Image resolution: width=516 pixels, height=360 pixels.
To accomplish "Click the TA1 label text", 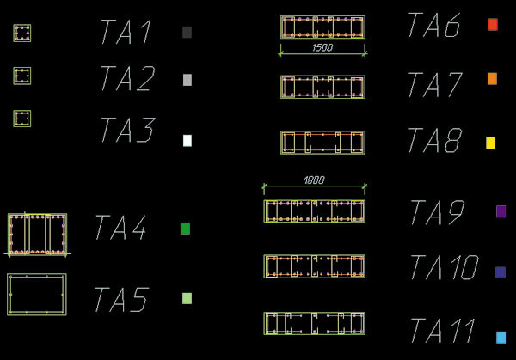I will [126, 33].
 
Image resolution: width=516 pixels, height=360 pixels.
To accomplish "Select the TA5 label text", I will [120, 301].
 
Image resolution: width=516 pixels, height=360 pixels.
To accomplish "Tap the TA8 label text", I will [433, 142].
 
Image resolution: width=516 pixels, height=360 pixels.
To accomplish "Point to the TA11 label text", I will [442, 331].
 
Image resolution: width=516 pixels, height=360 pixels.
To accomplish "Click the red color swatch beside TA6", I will [493, 25].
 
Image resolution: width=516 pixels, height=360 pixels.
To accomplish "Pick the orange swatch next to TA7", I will [492, 79].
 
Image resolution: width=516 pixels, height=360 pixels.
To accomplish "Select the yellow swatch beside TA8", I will [491, 143].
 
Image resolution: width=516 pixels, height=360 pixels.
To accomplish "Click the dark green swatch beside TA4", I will [185, 229].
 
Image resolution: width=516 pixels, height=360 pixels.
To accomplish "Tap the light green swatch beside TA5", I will [187, 299].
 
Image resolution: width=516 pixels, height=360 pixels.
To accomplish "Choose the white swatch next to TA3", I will [187, 141].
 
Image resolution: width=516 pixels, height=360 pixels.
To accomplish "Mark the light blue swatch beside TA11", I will [501, 337].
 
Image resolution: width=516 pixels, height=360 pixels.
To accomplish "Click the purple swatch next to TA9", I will [501, 211].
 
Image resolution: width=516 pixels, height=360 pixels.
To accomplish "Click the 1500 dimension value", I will [322, 48].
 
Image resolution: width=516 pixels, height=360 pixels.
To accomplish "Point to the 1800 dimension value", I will [314, 180].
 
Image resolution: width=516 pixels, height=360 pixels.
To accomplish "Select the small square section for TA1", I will [22, 34].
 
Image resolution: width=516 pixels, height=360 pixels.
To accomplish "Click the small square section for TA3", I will [22, 119].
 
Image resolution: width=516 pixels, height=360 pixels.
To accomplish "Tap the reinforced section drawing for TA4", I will [37, 234].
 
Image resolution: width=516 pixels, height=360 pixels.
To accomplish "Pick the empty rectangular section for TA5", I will [37, 295].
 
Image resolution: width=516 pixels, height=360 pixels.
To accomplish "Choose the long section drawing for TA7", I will [322, 87].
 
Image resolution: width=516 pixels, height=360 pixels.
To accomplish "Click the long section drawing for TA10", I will [314, 266].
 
